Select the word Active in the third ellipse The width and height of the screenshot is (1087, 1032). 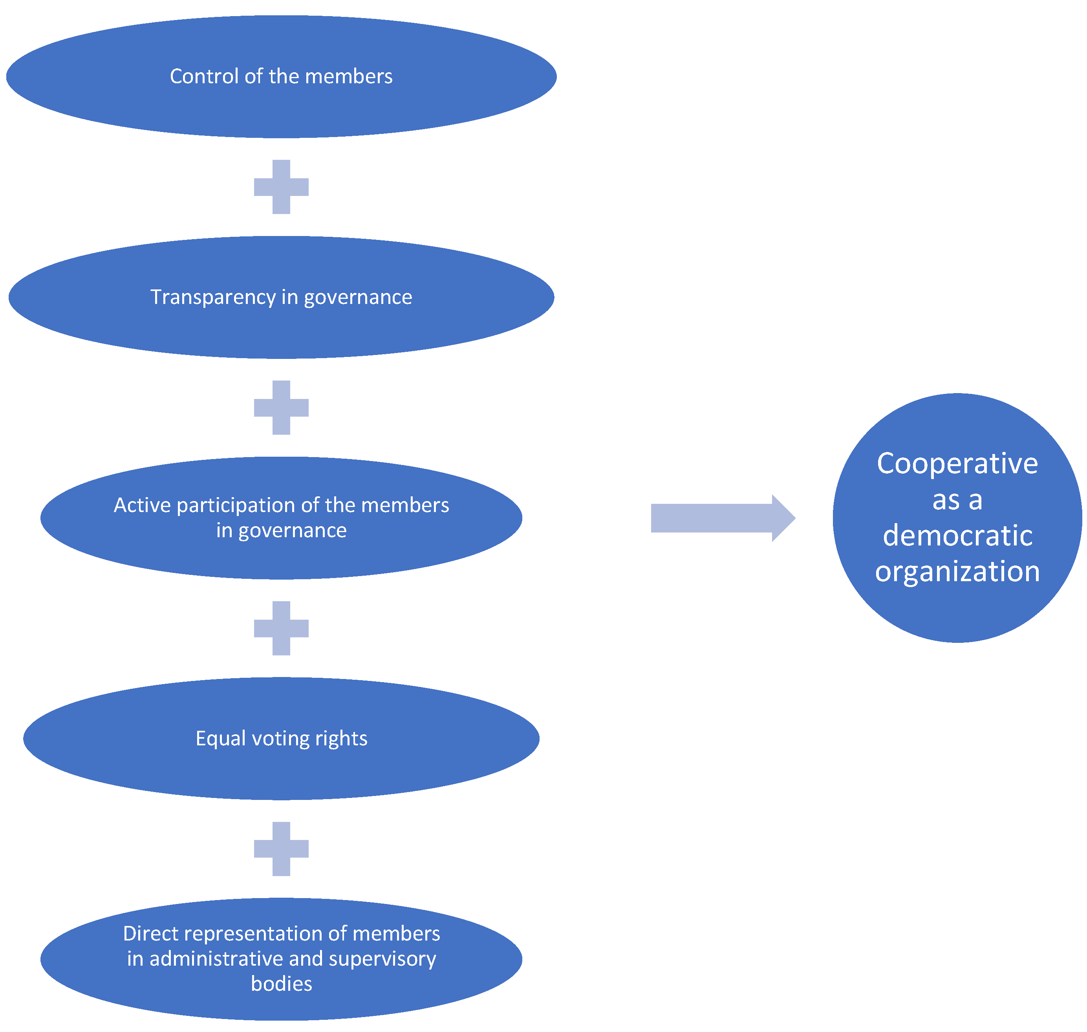[x=142, y=505]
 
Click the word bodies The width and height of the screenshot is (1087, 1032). [x=281, y=984]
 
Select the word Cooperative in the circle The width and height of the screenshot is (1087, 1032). [x=957, y=464]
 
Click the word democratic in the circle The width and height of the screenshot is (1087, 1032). [x=957, y=535]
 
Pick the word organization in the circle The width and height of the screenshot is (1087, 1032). [x=957, y=571]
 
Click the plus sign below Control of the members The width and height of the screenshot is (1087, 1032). [x=281, y=187]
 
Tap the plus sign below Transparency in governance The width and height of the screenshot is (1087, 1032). [x=281, y=408]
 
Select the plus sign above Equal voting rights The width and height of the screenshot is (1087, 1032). [x=281, y=628]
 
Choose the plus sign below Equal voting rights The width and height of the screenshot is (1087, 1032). [x=281, y=849]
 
